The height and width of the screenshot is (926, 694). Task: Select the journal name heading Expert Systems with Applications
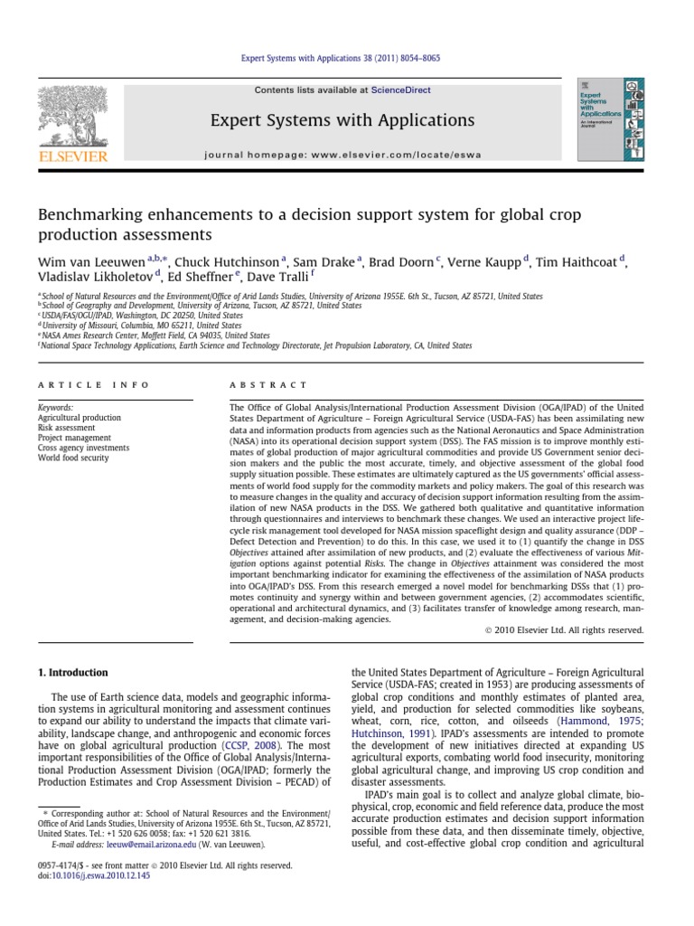342,120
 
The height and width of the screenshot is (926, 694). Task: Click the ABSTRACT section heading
270,385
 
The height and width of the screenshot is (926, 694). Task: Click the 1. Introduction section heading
72,673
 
